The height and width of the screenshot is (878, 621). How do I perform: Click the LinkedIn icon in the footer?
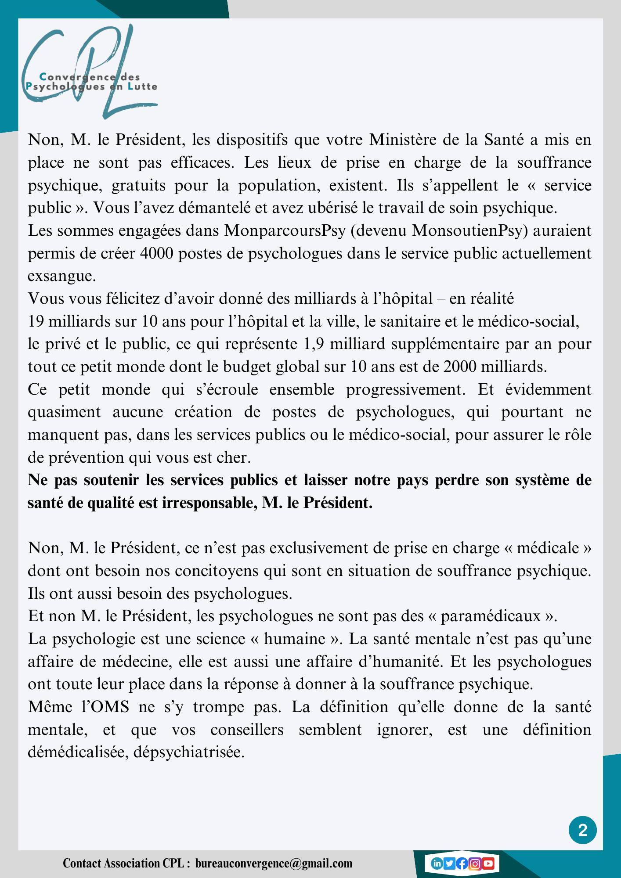437,864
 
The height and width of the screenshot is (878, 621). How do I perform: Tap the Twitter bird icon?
449,864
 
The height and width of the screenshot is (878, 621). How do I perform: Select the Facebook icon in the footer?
462,864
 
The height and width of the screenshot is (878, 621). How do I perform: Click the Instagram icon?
475,864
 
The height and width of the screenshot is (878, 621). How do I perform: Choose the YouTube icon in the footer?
488,864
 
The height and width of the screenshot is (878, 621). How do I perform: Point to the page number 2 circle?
583,830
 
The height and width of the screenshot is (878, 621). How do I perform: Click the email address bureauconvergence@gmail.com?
274,863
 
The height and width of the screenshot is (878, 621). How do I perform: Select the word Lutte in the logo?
142,86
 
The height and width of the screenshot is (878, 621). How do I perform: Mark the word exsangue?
61,277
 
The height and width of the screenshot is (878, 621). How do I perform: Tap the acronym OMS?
112,707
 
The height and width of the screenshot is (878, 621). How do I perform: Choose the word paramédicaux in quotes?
491,616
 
